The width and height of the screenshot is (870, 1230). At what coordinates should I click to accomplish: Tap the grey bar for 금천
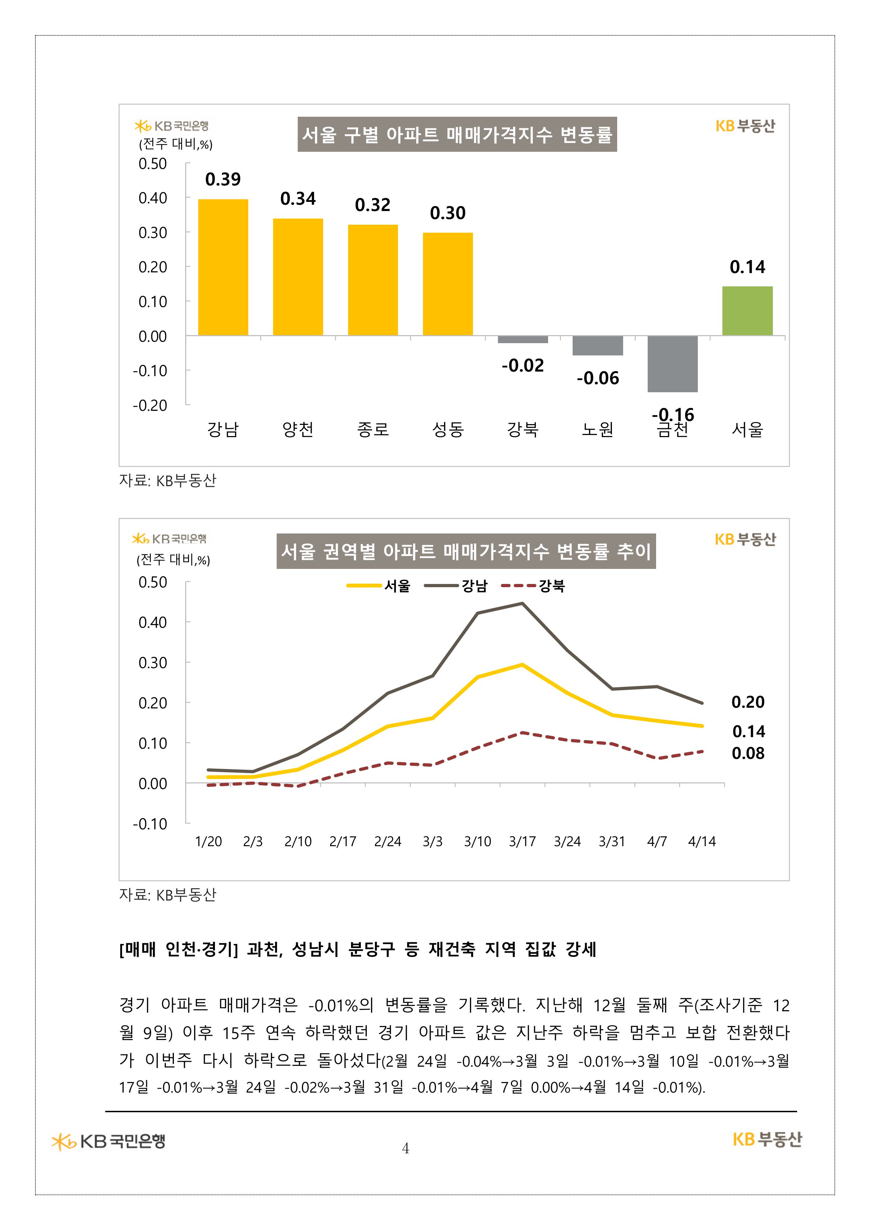point(672,364)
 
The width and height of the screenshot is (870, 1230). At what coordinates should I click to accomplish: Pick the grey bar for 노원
point(597,346)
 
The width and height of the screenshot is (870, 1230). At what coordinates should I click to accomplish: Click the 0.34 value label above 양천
point(298,199)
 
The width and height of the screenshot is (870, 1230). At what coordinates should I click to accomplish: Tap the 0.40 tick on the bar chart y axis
point(153,198)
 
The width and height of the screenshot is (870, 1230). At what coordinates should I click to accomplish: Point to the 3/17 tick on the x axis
point(522,842)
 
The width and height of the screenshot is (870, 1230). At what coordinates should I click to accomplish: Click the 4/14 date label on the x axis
point(702,842)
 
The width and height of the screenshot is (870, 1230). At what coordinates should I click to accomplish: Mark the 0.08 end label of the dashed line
point(748,753)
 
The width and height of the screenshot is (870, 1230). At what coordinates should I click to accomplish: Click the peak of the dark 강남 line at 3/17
point(522,603)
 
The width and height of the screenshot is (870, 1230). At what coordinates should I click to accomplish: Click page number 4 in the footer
point(406,1148)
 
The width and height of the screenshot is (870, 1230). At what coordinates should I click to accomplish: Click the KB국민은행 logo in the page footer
point(109,1142)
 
